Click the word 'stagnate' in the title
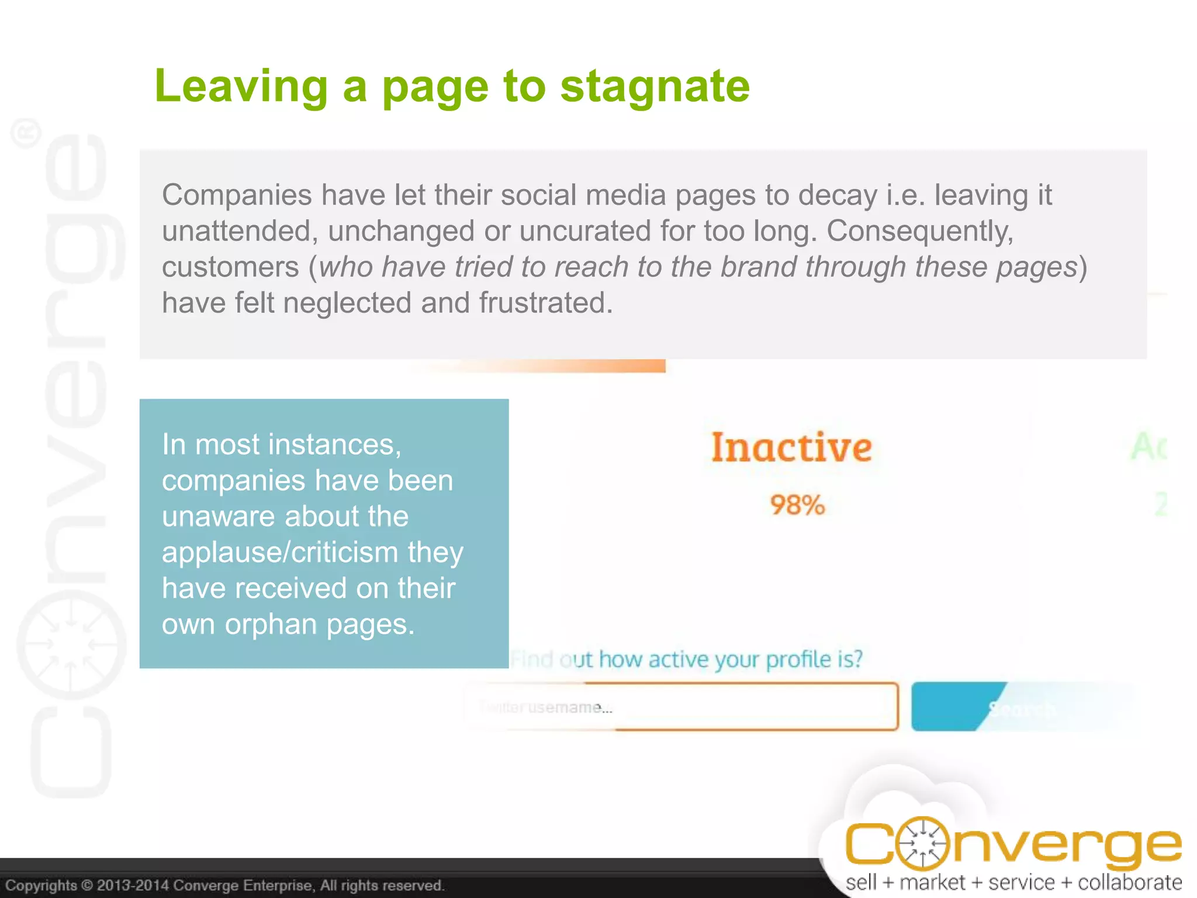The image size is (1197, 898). pyautogui.click(x=655, y=87)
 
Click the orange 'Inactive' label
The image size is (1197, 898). pyautogui.click(x=791, y=447)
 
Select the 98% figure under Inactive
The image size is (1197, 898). pyautogui.click(x=797, y=505)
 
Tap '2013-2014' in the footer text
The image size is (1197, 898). pyautogui.click(x=133, y=885)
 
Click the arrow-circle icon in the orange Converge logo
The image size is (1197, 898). pyautogui.click(x=922, y=844)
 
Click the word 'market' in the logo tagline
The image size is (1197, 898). pyautogui.click(x=932, y=882)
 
